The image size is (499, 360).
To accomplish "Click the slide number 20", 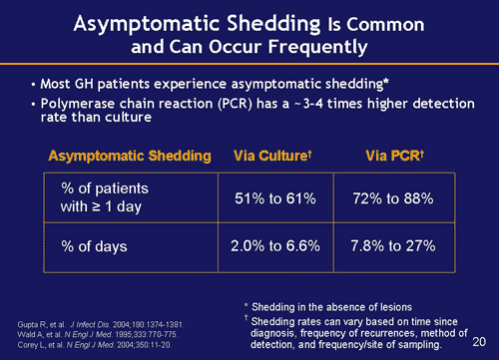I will (x=477, y=340).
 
